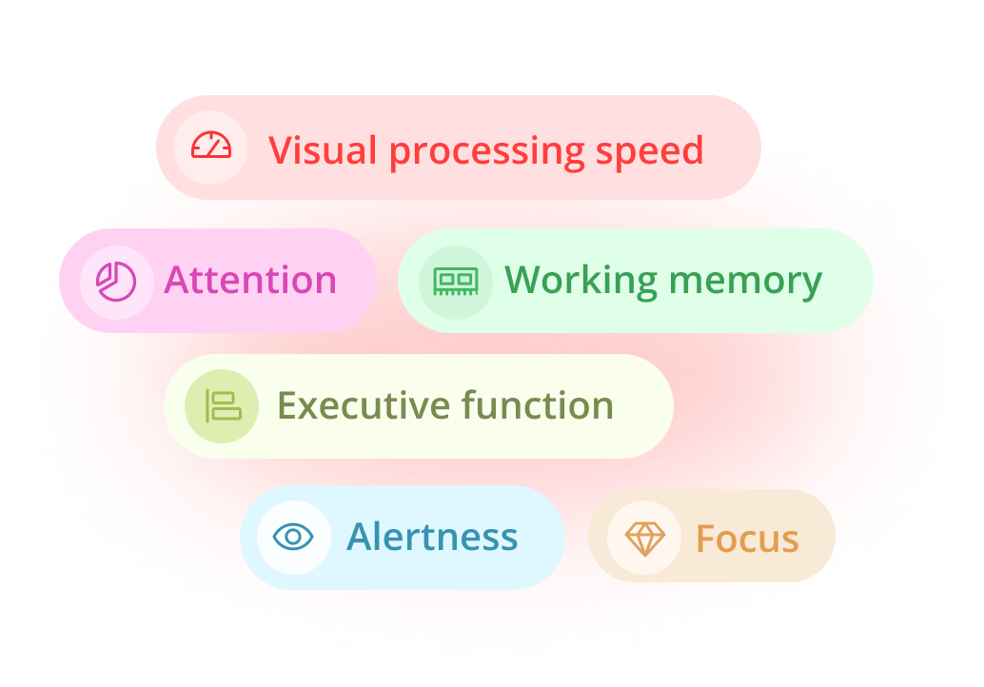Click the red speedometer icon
tap(211, 146)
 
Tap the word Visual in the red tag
tap(323, 150)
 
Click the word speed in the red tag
tap(650, 152)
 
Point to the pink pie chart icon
tap(116, 282)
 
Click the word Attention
tap(250, 280)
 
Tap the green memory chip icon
tap(456, 282)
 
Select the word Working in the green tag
tap(581, 281)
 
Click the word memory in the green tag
tap(745, 283)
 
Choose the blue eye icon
tap(293, 537)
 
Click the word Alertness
tap(432, 537)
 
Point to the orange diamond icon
tap(644, 539)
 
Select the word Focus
tap(747, 539)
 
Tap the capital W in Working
tap(527, 280)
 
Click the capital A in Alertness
tap(361, 537)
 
